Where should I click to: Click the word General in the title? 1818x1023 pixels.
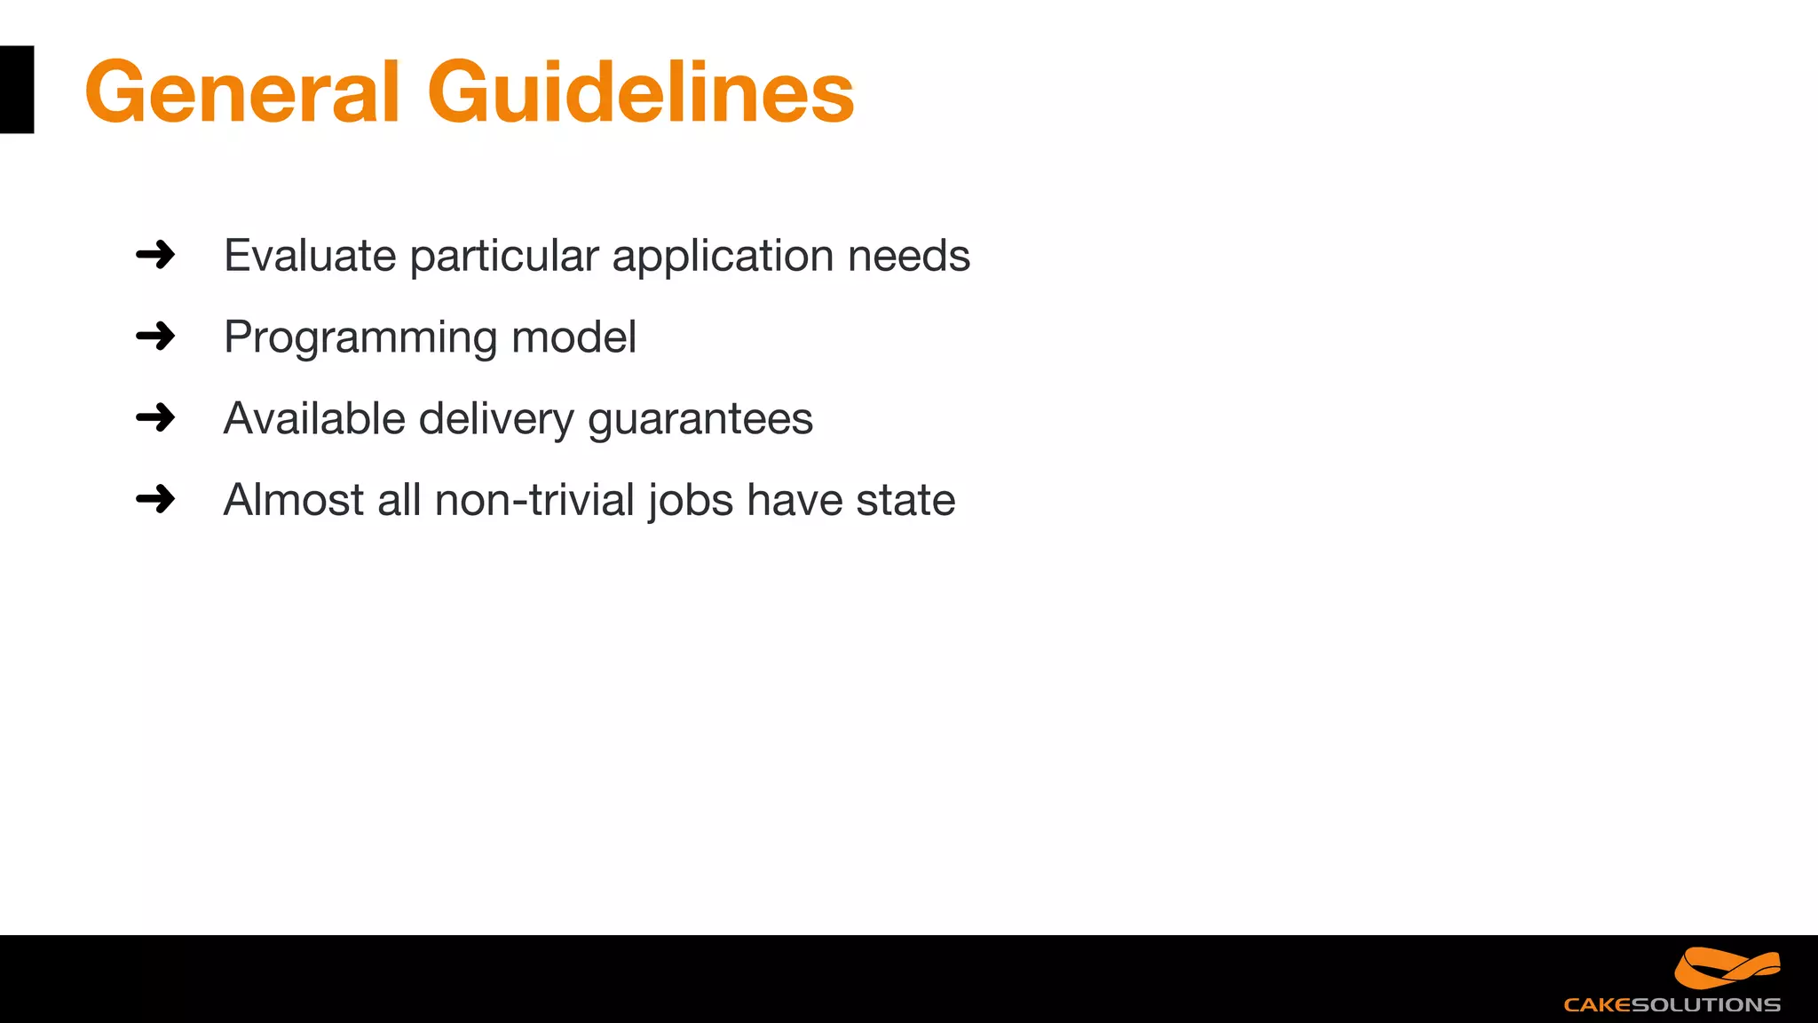tap(242, 91)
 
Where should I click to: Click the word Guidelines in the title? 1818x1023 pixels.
tap(640, 91)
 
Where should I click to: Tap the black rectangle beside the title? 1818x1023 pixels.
tap(17, 90)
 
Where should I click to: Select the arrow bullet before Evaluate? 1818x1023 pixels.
tap(155, 255)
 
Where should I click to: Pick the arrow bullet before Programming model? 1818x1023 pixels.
tap(155, 337)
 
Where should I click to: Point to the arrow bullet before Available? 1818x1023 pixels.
tap(155, 417)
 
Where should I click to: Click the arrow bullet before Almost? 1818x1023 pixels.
tap(155, 499)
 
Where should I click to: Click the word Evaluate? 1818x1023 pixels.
tap(310, 256)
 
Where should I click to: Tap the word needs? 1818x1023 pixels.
tap(908, 256)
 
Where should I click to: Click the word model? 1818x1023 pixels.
tap(573, 337)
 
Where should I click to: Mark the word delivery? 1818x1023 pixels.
tap(496, 420)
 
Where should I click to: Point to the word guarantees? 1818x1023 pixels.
tap(700, 420)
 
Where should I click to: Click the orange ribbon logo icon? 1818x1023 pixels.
tap(1727, 967)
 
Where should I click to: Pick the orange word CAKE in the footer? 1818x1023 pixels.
tap(1597, 1005)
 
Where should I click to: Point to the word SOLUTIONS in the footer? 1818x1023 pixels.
tap(1706, 1005)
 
